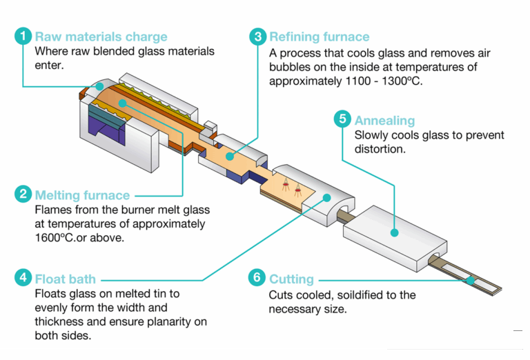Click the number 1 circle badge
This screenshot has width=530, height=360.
click(23, 37)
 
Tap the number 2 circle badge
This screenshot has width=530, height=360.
click(23, 195)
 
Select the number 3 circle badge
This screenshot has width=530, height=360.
click(257, 37)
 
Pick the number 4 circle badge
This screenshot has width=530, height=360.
click(23, 279)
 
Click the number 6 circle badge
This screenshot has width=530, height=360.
click(257, 279)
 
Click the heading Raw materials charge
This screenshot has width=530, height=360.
click(101, 37)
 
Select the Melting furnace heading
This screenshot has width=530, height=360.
click(82, 195)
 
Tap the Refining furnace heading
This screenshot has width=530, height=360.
click(320, 37)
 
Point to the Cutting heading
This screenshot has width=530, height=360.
click(291, 279)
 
